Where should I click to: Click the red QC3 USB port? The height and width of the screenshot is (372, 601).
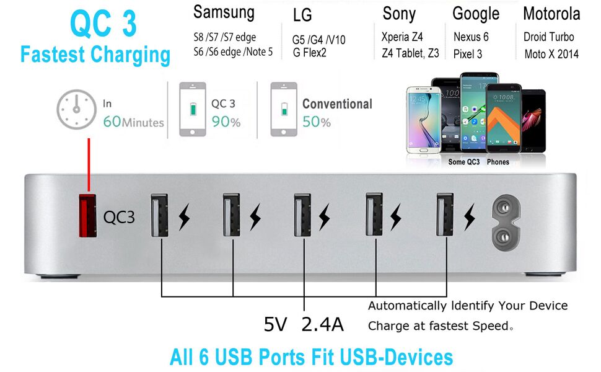pyautogui.click(x=87, y=215)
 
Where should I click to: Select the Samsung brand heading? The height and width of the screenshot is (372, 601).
pyautogui.click(x=224, y=12)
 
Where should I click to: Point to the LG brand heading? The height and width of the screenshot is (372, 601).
pyautogui.click(x=302, y=15)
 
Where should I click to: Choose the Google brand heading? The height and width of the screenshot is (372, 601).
pyautogui.click(x=476, y=14)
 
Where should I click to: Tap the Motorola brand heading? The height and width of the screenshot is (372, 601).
pyautogui.click(x=551, y=14)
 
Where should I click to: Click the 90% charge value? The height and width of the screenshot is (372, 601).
pyautogui.click(x=226, y=122)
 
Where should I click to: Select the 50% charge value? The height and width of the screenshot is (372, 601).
pyautogui.click(x=317, y=122)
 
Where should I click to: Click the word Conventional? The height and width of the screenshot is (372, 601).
pyautogui.click(x=337, y=104)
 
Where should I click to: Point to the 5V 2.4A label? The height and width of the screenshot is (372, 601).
pyautogui.click(x=304, y=324)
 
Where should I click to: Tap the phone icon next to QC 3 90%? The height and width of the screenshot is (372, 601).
pyautogui.click(x=193, y=109)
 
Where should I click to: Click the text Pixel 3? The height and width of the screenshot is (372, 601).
pyautogui.click(x=468, y=54)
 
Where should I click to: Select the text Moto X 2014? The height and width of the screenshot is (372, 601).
pyautogui.click(x=551, y=54)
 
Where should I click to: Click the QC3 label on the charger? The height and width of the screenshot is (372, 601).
pyautogui.click(x=119, y=217)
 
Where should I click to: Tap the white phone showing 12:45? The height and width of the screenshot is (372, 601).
pyautogui.click(x=419, y=118)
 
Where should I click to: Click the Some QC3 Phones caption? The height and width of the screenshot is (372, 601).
pyautogui.click(x=478, y=162)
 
